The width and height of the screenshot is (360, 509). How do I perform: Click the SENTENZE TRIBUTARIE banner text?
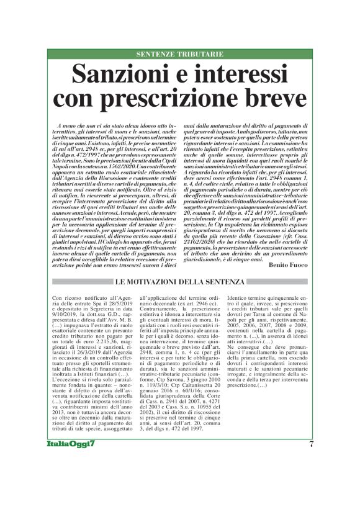[x=180, y=55]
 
